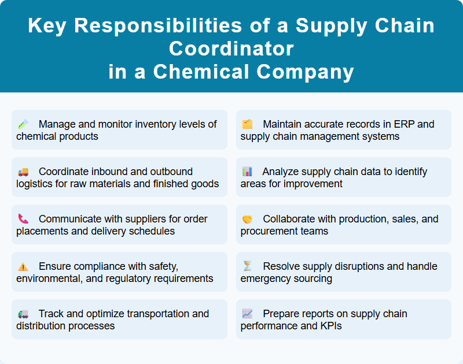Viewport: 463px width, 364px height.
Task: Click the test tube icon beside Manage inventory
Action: [x=23, y=124]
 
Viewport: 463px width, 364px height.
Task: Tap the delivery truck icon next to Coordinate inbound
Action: [x=23, y=172]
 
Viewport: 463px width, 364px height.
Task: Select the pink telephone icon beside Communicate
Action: [x=23, y=219]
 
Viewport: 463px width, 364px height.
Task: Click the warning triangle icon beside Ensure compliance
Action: [x=23, y=266]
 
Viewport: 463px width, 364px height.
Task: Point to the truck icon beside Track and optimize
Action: [x=23, y=314]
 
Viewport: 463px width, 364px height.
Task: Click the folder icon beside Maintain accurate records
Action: [x=247, y=124]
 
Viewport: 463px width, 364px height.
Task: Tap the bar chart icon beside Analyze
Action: [x=247, y=172]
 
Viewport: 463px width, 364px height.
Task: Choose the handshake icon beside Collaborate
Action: [x=247, y=219]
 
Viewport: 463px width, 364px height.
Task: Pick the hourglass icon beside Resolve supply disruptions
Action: [x=247, y=266]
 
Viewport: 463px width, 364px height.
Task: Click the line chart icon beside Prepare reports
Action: [x=247, y=314]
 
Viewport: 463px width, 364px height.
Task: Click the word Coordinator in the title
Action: [x=231, y=49]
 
